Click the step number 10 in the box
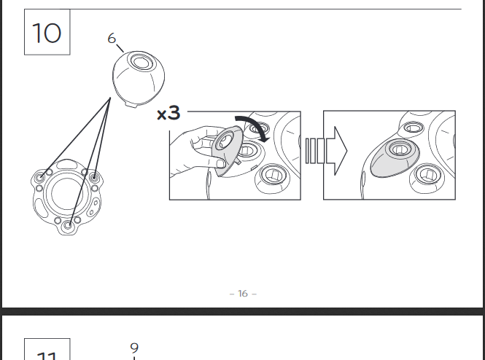(47, 33)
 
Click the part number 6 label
(112, 38)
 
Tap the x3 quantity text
(168, 113)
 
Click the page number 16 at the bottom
(243, 294)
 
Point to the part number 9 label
(134, 348)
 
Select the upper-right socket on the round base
(93, 176)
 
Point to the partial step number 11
(47, 355)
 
